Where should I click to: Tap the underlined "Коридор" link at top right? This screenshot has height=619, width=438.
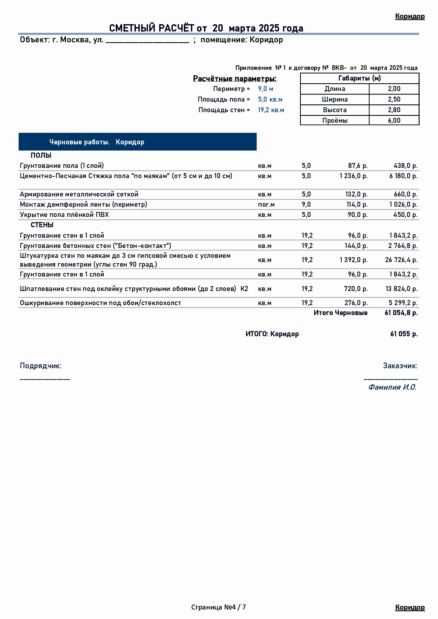[410, 16]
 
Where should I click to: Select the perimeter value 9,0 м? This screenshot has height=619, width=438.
[265, 89]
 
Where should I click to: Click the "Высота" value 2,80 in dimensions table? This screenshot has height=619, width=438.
[394, 110]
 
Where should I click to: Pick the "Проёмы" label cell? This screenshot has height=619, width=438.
[335, 121]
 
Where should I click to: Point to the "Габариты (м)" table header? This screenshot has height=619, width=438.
[359, 78]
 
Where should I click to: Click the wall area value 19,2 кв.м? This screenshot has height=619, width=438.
[271, 110]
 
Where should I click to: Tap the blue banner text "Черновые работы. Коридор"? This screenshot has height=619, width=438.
[97, 142]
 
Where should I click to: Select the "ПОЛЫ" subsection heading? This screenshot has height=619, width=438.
[41, 156]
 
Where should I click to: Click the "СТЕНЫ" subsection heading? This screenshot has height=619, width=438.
[42, 225]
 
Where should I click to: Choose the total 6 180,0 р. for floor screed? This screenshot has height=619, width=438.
[403, 176]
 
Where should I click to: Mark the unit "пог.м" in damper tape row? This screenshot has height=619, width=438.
[266, 205]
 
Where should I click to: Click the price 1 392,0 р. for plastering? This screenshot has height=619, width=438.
[354, 260]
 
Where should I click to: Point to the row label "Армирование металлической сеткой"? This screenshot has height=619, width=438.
[79, 194]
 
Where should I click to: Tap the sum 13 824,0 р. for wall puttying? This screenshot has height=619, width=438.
[401, 289]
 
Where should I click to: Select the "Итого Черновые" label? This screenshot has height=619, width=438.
[340, 313]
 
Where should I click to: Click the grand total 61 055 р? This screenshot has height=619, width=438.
[404, 334]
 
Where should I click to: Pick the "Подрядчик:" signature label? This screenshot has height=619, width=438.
[41, 366]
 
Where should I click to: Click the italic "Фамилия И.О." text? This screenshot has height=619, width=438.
[392, 387]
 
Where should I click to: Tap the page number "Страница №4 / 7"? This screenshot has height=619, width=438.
[218, 607]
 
